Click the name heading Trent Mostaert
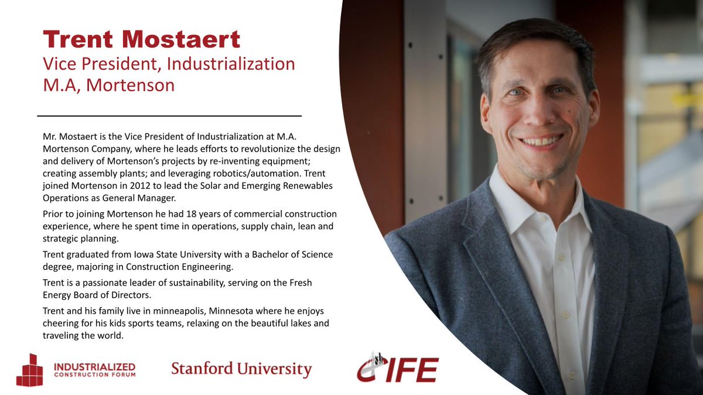click(141, 40)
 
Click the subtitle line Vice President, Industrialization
click(169, 63)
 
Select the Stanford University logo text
click(241, 369)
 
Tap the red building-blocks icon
click(29, 370)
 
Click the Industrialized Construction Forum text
click(94, 370)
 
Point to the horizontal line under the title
click(169, 115)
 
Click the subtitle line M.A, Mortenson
click(109, 85)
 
